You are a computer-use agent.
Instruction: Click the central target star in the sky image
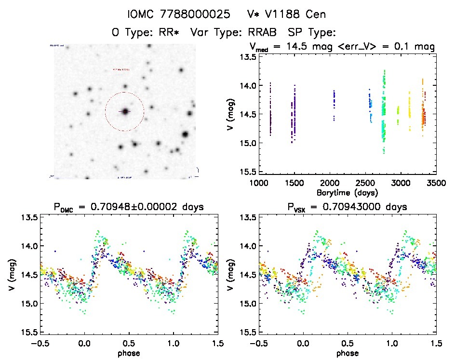[x=125, y=111]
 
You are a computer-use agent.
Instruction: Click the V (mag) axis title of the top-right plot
[x=232, y=114]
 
